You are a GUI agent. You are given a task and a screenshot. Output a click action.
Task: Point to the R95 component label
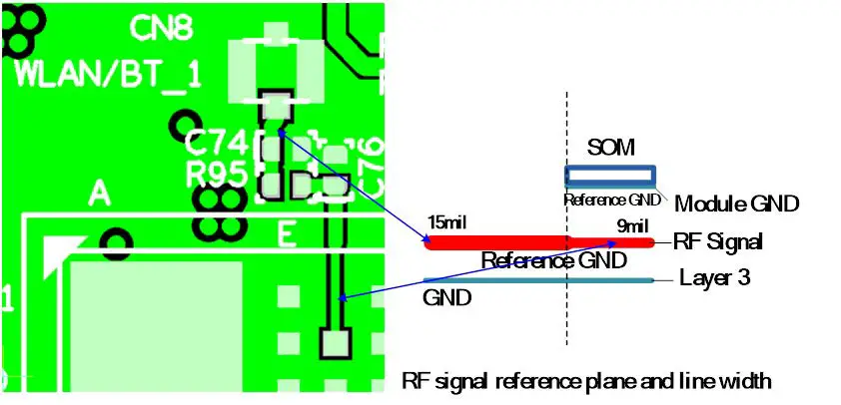point(217,176)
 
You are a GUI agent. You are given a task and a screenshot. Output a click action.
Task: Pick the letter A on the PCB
point(98,193)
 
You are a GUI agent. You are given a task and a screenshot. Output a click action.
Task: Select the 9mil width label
point(632,227)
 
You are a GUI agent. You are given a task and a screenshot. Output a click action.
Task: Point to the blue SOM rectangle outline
point(610,176)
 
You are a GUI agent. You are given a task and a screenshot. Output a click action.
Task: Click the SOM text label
point(610,150)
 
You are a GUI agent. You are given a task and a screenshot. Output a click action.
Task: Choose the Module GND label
point(737,204)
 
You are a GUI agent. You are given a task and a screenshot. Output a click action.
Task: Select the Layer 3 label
point(714,278)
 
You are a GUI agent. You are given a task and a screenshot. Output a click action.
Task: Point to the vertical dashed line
point(567,319)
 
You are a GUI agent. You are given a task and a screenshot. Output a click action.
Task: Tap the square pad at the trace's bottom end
point(332,345)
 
